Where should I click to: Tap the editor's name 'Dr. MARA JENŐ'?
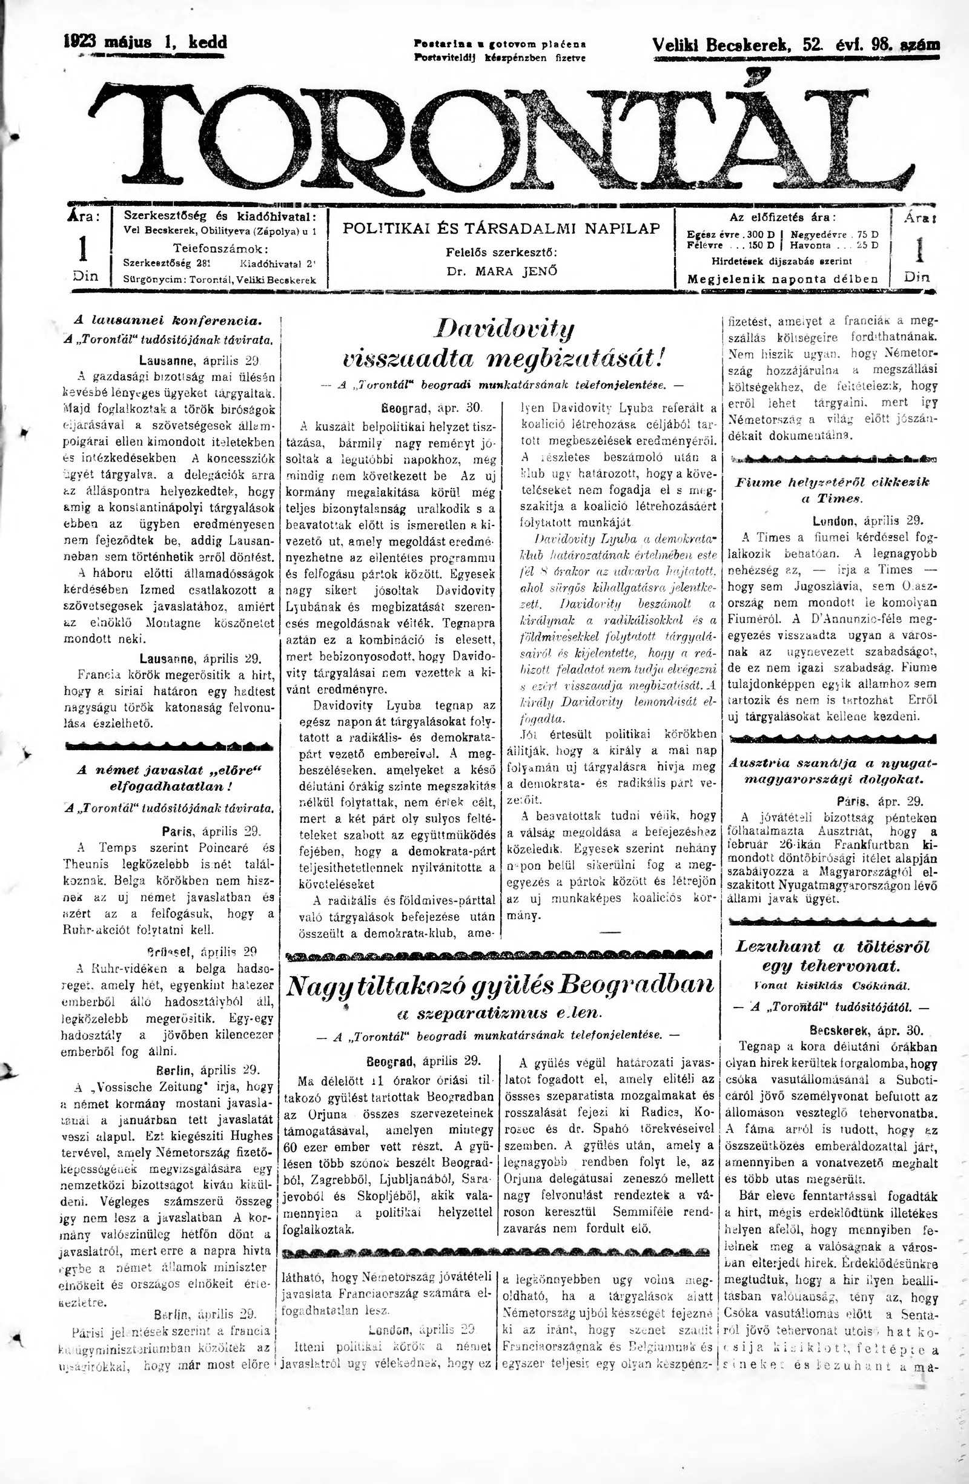click(501, 271)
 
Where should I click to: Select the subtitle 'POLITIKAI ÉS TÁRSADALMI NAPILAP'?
click(501, 228)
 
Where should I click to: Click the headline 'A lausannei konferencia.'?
click(168, 320)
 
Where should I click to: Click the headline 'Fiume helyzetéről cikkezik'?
click(833, 482)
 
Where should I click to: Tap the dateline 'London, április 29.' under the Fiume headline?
click(868, 521)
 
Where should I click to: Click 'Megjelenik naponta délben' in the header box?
click(782, 279)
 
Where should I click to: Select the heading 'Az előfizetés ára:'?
click(782, 217)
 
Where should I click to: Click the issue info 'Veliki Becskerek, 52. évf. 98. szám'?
click(796, 45)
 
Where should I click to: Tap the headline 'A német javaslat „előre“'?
click(169, 770)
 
